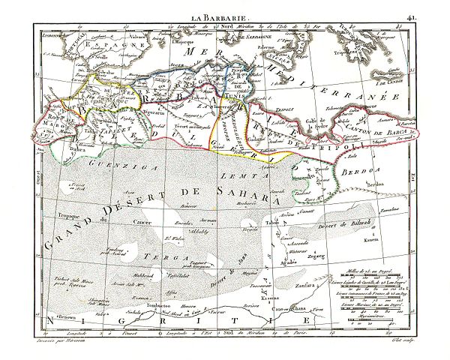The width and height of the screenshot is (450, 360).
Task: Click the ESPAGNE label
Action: (x=87, y=44)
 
